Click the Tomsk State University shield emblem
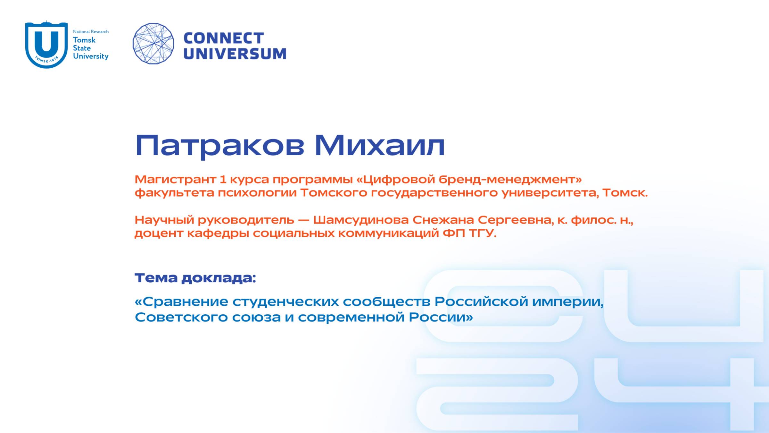point(46,44)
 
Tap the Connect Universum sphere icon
point(153,44)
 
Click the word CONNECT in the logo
point(224,38)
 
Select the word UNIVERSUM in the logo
point(235,54)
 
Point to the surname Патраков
point(220,146)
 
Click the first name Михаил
point(380,146)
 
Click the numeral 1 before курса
point(223,179)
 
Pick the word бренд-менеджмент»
point(510,179)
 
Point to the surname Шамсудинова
point(361,220)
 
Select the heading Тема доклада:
point(195,278)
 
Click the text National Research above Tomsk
point(91,31)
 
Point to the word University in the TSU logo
point(91,56)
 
